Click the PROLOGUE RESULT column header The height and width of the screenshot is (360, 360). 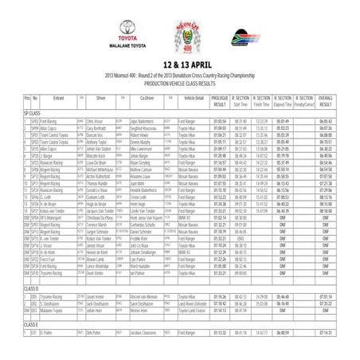coord(220,123)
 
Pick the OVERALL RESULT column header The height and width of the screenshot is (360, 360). coord(338,123)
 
